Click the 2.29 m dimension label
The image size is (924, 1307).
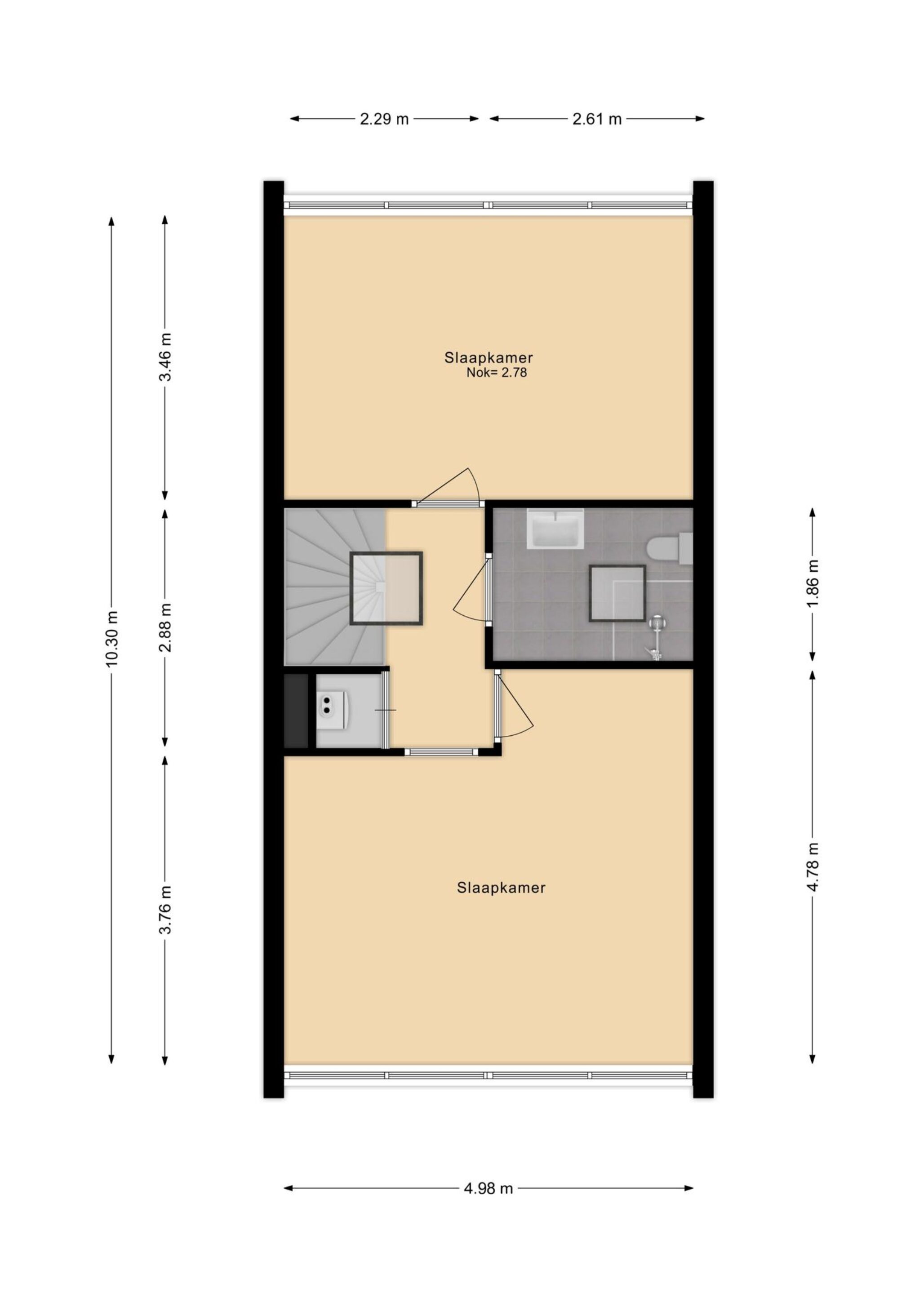(x=384, y=120)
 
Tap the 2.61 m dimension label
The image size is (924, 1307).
(x=597, y=120)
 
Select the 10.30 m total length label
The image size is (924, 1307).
(x=112, y=638)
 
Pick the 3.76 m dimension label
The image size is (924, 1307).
(x=166, y=910)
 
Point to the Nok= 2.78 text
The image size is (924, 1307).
(x=497, y=373)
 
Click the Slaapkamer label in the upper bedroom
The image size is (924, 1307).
(x=489, y=358)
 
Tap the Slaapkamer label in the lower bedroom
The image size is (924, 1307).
(x=501, y=888)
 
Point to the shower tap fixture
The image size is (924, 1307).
(x=657, y=638)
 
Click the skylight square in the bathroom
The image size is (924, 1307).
(x=617, y=594)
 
